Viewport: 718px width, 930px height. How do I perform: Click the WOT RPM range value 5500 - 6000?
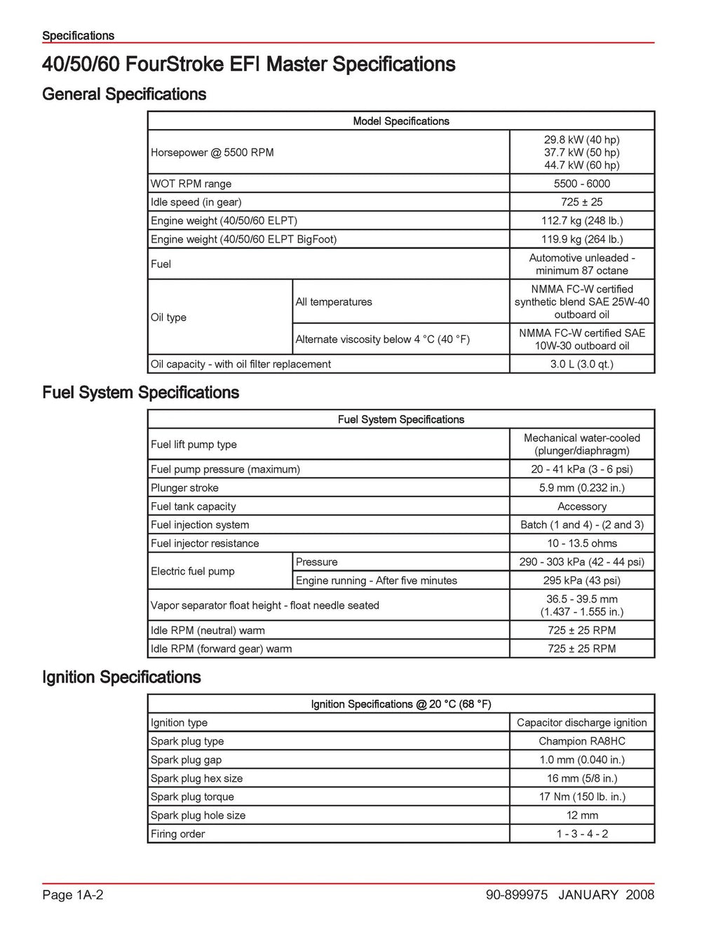tap(581, 184)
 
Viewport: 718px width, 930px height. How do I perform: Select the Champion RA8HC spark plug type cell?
tap(581, 741)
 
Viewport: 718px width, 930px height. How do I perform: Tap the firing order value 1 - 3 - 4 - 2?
tap(581, 834)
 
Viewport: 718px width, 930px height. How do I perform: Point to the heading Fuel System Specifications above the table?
tap(140, 393)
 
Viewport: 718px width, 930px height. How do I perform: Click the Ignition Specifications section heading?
tap(121, 678)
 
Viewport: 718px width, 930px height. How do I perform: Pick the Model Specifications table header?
tap(400, 121)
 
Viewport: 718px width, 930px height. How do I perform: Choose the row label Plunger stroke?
tap(184, 488)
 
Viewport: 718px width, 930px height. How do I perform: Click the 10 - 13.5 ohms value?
tap(581, 544)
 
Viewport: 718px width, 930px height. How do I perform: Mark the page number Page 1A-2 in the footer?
tap(72, 895)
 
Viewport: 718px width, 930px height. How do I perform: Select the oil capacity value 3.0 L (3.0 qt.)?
tap(581, 365)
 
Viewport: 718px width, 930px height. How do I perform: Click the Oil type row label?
tap(168, 318)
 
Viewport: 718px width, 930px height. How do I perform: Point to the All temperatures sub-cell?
tap(334, 302)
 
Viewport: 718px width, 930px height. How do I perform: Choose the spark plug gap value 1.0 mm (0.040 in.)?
tap(581, 760)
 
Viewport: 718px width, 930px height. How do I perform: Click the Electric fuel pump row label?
tap(192, 572)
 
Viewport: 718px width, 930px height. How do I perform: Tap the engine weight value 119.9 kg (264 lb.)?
tap(581, 240)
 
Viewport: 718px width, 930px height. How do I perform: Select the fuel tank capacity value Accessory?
tap(581, 506)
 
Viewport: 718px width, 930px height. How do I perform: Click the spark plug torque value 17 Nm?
tap(581, 797)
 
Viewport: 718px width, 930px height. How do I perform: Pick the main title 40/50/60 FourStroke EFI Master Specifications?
tap(248, 65)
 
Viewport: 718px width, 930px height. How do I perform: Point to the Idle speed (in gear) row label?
tap(196, 203)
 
